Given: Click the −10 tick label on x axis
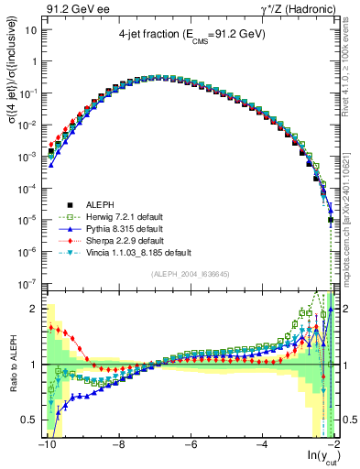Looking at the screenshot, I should [x=46, y=446].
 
